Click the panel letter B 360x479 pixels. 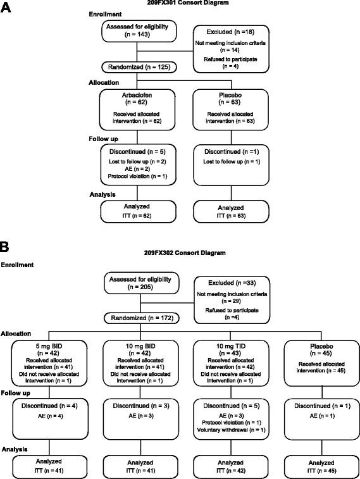click(x=8, y=244)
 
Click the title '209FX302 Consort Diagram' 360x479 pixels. click(x=180, y=252)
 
